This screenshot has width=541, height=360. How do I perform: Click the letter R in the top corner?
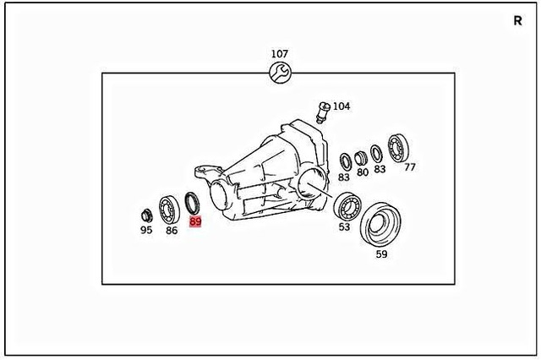pyautogui.click(x=516, y=21)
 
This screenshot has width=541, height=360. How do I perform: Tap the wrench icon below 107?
pyautogui.click(x=279, y=73)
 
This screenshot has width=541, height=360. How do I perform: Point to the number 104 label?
pyautogui.click(x=341, y=106)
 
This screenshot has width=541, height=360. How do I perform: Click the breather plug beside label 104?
pyautogui.click(x=322, y=110)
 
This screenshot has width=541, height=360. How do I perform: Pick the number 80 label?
pyautogui.click(x=362, y=172)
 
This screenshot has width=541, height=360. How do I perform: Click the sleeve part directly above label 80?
pyautogui.click(x=362, y=156)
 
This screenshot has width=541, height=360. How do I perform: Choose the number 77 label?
pyautogui.click(x=410, y=167)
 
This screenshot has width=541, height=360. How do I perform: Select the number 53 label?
pyautogui.click(x=345, y=226)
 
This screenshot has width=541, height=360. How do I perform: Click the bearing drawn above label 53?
pyautogui.click(x=346, y=205)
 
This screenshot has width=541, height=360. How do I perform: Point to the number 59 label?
pyautogui.click(x=381, y=254)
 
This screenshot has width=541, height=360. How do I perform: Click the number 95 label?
pyautogui.click(x=146, y=230)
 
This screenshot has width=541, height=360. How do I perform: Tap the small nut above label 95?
pyautogui.click(x=146, y=213)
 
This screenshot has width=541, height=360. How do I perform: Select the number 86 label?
pyautogui.click(x=172, y=230)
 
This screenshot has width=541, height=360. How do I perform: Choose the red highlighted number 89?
pyautogui.click(x=195, y=221)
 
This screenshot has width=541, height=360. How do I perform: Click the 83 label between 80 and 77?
pyautogui.click(x=380, y=169)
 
